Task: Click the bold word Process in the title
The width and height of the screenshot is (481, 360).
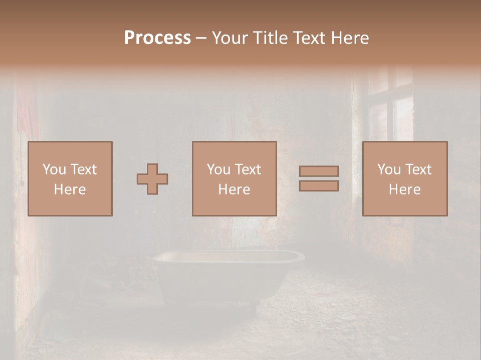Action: tap(157, 38)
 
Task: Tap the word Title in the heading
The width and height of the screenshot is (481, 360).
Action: tap(271, 38)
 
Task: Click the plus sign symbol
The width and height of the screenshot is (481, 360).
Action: tap(152, 179)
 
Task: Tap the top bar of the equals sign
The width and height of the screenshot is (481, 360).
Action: tap(319, 171)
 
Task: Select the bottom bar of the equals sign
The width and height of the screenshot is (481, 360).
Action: tap(319, 186)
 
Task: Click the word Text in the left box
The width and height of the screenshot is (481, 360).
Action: tap(83, 169)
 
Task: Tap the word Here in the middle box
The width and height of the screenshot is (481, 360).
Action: tap(234, 189)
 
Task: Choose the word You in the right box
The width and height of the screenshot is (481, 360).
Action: tap(389, 169)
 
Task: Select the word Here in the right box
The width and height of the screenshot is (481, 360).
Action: tap(405, 189)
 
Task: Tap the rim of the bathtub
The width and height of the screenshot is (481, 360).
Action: tap(228, 256)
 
